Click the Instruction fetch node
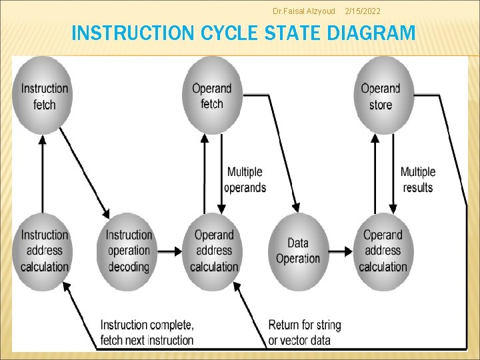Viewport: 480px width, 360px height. pyautogui.click(x=44, y=96)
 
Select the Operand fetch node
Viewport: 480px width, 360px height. pyautogui.click(x=212, y=95)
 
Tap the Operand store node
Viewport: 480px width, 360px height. pyautogui.click(x=381, y=96)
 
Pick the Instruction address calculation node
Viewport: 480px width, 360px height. pyautogui.click(x=44, y=251)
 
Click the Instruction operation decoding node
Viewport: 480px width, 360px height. pyautogui.click(x=129, y=251)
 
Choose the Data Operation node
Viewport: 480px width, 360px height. pyautogui.click(x=298, y=251)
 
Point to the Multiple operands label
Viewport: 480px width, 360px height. pyautogui.click(x=245, y=180)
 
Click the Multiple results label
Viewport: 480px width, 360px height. pyautogui.click(x=418, y=180)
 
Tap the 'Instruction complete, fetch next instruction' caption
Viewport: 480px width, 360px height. pyautogui.click(x=147, y=332)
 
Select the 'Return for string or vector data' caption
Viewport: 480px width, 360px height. pyautogui.click(x=304, y=332)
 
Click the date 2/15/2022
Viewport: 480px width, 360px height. pyautogui.click(x=362, y=11)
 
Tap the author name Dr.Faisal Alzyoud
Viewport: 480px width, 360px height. pyautogui.click(x=304, y=11)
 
